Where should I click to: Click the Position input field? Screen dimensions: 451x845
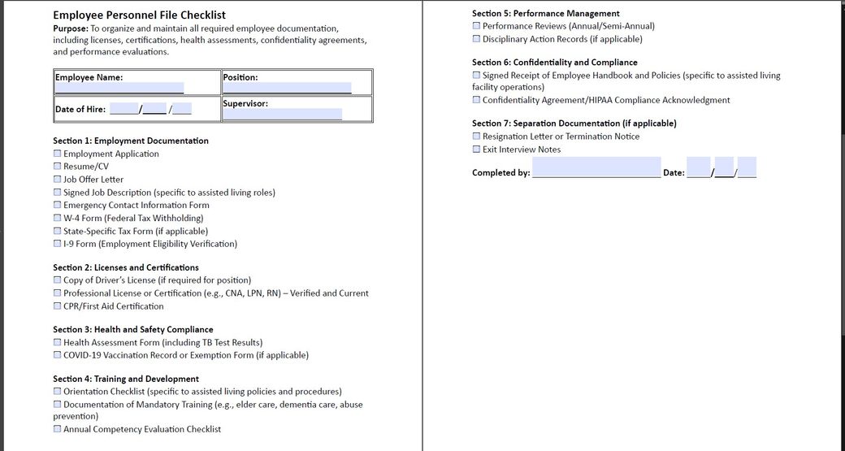point(287,88)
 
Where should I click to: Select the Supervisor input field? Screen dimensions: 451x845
point(283,115)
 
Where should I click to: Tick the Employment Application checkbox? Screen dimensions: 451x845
point(58,154)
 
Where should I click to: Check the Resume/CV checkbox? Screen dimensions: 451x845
point(58,167)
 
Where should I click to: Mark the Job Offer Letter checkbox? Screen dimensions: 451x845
point(58,180)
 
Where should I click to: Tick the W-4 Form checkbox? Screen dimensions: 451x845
point(58,218)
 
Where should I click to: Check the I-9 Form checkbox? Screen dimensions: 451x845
point(58,244)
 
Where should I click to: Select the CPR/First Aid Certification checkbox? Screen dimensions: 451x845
point(58,306)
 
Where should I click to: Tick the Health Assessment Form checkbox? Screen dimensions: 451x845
point(58,343)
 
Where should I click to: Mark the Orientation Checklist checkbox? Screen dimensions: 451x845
point(58,392)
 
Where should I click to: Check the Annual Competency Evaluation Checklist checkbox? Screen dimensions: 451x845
point(58,429)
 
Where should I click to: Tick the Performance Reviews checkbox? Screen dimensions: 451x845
point(477,26)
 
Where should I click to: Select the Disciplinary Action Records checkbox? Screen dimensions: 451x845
point(477,39)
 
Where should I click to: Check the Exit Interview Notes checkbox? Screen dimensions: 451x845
point(477,150)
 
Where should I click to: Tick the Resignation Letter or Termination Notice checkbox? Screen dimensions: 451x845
point(477,137)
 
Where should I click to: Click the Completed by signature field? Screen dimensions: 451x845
point(596,171)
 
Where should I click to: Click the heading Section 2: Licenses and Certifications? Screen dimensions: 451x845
point(126,267)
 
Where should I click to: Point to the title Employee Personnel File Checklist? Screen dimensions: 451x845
point(139,15)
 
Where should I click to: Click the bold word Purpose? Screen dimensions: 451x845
point(71,28)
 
